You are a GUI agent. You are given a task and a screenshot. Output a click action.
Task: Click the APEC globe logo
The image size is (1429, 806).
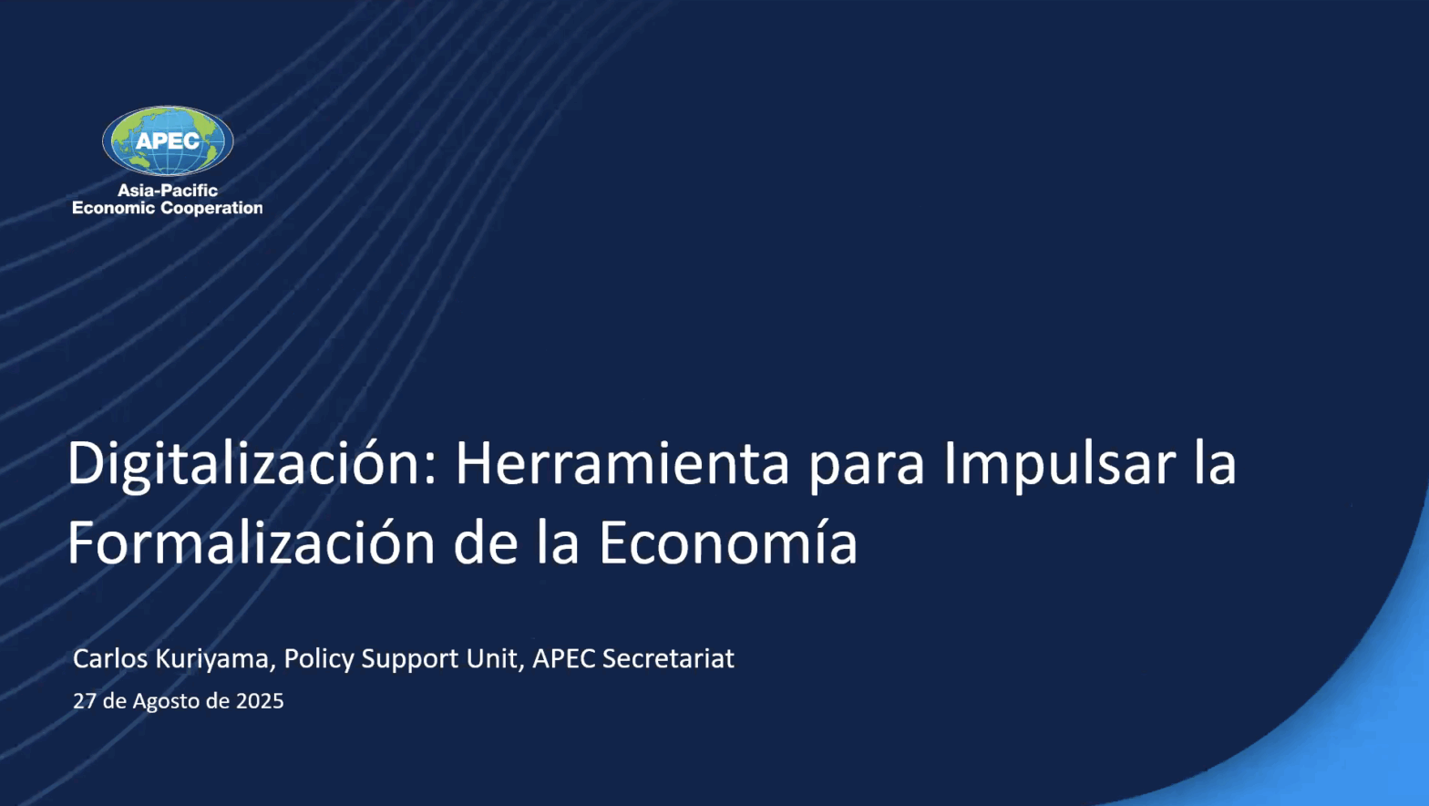pos(168,141)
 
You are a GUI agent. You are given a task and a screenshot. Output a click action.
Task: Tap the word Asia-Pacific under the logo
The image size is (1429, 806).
pos(168,191)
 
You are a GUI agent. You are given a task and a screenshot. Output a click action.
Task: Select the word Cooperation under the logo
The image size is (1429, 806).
pos(211,208)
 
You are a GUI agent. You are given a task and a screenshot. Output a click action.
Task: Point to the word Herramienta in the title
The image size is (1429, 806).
pos(622,464)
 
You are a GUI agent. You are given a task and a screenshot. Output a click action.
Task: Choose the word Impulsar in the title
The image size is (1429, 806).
pos(1060,465)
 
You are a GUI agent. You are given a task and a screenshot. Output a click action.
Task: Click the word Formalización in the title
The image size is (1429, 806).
pos(252,543)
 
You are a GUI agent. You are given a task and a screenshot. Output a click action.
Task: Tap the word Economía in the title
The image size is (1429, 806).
pos(728,543)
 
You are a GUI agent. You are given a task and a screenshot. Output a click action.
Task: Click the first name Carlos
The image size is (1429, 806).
pos(110,658)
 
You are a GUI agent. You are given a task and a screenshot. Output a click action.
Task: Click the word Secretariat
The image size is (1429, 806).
pos(668,658)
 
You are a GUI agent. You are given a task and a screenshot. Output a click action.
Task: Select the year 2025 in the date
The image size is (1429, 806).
pos(260,701)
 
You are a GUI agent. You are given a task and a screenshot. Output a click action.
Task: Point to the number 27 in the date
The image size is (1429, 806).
pos(84,701)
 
